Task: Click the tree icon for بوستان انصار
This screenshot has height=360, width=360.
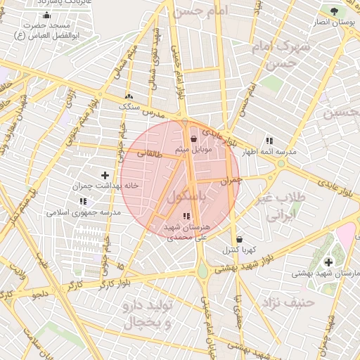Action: tap(333, 12)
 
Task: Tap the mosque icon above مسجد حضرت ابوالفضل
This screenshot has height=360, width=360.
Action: tap(47, 15)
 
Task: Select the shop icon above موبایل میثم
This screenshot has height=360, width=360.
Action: tap(193, 139)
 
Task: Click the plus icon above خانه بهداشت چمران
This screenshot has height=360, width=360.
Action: tap(105, 175)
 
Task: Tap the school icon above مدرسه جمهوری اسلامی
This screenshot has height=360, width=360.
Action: tap(83, 201)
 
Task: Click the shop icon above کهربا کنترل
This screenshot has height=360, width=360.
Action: tap(240, 238)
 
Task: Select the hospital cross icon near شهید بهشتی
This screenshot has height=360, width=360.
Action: tap(328, 262)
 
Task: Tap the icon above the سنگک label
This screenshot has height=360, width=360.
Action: tap(129, 96)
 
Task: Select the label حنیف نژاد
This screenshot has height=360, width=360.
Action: tap(282, 303)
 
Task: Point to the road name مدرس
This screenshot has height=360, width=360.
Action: tap(154, 113)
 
